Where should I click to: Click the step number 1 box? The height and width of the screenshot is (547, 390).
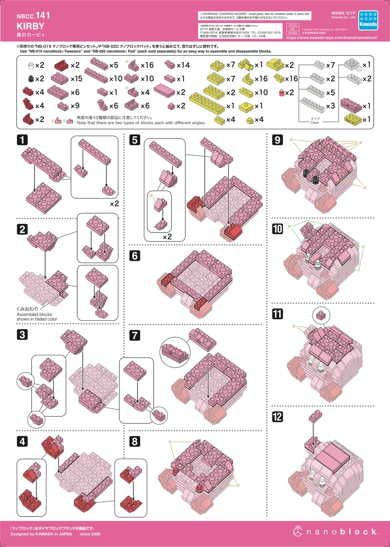(x=22, y=140)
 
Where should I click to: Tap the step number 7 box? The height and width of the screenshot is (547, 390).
(x=135, y=335)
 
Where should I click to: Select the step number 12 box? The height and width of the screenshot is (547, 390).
(x=277, y=417)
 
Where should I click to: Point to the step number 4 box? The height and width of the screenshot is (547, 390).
(x=22, y=441)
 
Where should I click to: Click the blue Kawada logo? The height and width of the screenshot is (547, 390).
(x=368, y=21)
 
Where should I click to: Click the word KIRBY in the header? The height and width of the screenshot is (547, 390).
(x=30, y=26)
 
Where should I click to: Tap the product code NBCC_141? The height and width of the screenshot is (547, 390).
(x=33, y=16)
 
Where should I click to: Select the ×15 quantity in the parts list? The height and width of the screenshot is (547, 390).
(x=76, y=79)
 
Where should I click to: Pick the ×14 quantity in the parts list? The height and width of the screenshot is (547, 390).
(x=183, y=65)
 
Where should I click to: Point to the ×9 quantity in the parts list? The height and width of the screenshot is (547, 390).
(x=75, y=106)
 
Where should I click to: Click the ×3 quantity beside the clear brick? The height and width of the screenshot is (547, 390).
(x=330, y=106)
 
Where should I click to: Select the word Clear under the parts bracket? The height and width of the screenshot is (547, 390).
(x=315, y=123)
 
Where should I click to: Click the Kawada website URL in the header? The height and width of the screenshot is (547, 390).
(x=331, y=38)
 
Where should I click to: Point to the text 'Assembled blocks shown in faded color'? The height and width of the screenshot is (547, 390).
(x=36, y=316)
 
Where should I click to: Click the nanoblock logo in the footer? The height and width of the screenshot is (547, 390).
(x=335, y=532)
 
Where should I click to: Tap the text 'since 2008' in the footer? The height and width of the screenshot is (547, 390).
(x=90, y=534)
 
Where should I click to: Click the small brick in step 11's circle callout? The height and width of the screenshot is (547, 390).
(x=321, y=315)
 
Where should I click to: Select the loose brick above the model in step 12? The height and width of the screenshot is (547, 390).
(x=315, y=416)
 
